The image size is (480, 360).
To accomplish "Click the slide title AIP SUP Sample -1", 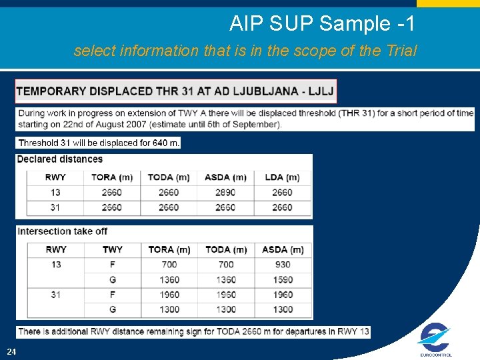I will tap(322, 24).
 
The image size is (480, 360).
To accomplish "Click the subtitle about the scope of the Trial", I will tap(245, 51).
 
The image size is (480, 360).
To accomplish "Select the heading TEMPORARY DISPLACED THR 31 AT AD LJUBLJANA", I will tap(176, 91).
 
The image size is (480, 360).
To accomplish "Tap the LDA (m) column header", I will tap(282, 177).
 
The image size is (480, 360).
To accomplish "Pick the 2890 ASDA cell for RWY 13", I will tap(225, 192).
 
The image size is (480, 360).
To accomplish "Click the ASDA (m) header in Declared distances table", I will tap(225, 177).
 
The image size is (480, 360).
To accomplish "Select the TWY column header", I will tap(113, 249).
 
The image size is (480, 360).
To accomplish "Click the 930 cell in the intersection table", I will tap(283, 265).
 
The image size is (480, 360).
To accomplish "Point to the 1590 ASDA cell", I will tap(283, 280).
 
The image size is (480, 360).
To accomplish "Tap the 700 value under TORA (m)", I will tap(169, 265).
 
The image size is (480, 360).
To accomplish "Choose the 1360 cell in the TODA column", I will tap(226, 280).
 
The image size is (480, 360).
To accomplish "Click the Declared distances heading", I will tap(60, 159).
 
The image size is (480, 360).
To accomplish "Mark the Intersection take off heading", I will tap(62, 231).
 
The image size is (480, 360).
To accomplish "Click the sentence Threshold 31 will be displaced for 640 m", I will tap(99, 143).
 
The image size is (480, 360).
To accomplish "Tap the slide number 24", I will tap(12, 351).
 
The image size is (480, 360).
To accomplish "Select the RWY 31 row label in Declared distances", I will tap(55, 207).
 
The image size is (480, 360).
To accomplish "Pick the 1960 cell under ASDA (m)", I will tap(283, 295).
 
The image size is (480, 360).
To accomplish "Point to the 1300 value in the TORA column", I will tap(169, 309).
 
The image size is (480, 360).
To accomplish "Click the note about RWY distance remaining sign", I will tap(193, 331).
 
